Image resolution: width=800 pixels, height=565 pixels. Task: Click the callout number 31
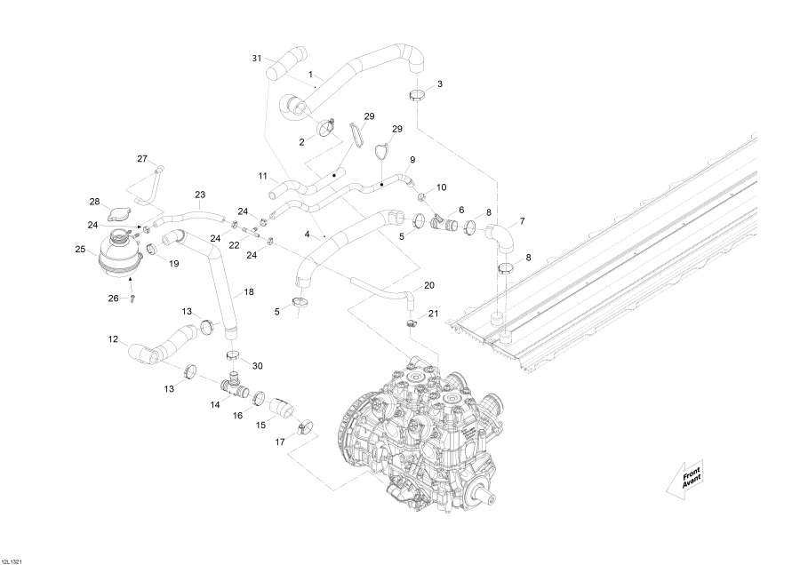[x=257, y=59]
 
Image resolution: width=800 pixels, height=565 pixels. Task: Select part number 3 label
[x=439, y=84]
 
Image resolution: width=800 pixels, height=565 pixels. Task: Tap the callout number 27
[x=142, y=159]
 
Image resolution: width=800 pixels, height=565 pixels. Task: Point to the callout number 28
[x=94, y=201]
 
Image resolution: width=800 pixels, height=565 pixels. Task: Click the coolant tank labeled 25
[x=119, y=251]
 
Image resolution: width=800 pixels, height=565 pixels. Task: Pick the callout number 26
[x=113, y=298]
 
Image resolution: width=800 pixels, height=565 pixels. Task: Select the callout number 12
[x=113, y=339]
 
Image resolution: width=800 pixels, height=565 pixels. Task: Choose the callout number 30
[x=258, y=366]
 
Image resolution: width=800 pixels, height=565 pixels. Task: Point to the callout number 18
[x=248, y=291]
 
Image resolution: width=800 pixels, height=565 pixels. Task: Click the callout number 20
[x=429, y=285]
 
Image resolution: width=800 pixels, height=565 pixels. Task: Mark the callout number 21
[x=434, y=314]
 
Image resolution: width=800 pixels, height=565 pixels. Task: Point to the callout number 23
[x=199, y=195]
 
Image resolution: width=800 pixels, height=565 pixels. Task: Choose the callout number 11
[x=262, y=176]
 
